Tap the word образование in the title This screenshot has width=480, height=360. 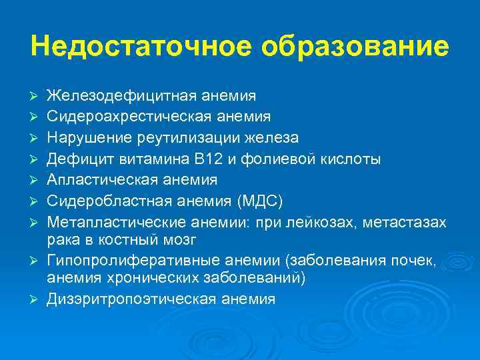[x=355, y=47]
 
